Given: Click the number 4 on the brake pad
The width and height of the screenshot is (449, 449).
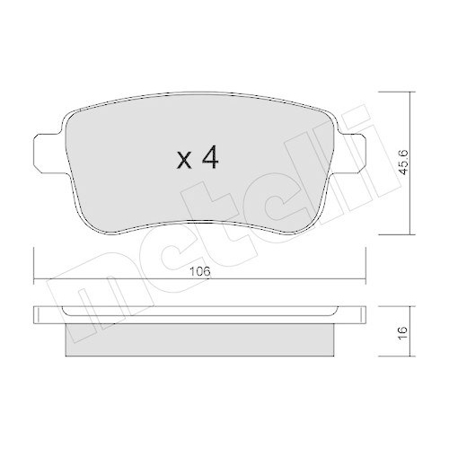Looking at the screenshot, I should pyautogui.click(x=209, y=159).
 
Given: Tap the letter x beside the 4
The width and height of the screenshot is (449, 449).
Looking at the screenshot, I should pyautogui.click(x=184, y=162).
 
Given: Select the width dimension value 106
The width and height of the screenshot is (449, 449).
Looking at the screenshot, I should pyautogui.click(x=200, y=264).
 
